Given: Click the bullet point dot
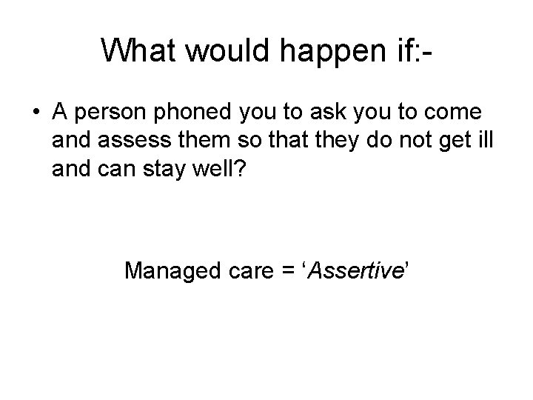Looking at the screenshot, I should pos(37,113).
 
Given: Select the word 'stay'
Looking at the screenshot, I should pos(162,169).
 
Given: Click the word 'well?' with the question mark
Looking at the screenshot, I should pos(219,169).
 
